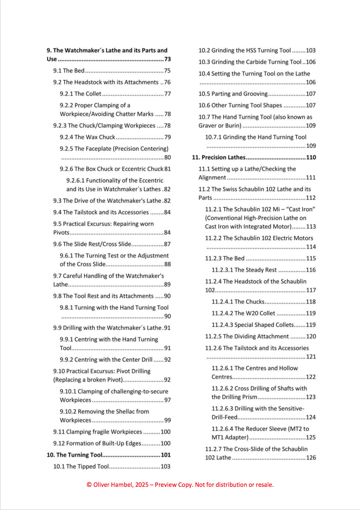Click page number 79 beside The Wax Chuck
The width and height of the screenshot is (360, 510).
tap(167, 137)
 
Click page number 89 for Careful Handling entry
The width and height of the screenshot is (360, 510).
tap(167, 285)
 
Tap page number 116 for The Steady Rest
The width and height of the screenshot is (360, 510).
tap(311, 270)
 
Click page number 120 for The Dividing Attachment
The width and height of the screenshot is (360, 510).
tap(311, 336)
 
